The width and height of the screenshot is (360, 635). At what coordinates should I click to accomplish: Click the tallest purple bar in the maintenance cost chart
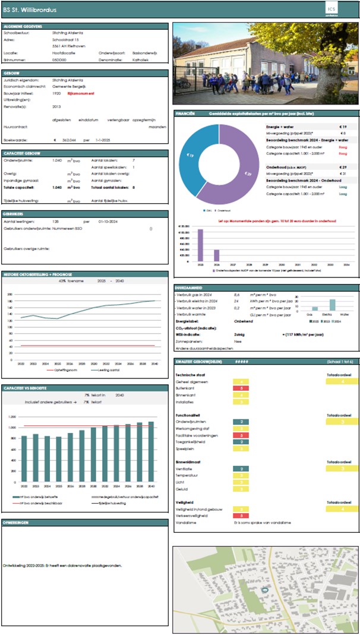[x=200, y=245]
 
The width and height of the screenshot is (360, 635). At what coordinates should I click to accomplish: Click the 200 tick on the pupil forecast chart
[x=10, y=295]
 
